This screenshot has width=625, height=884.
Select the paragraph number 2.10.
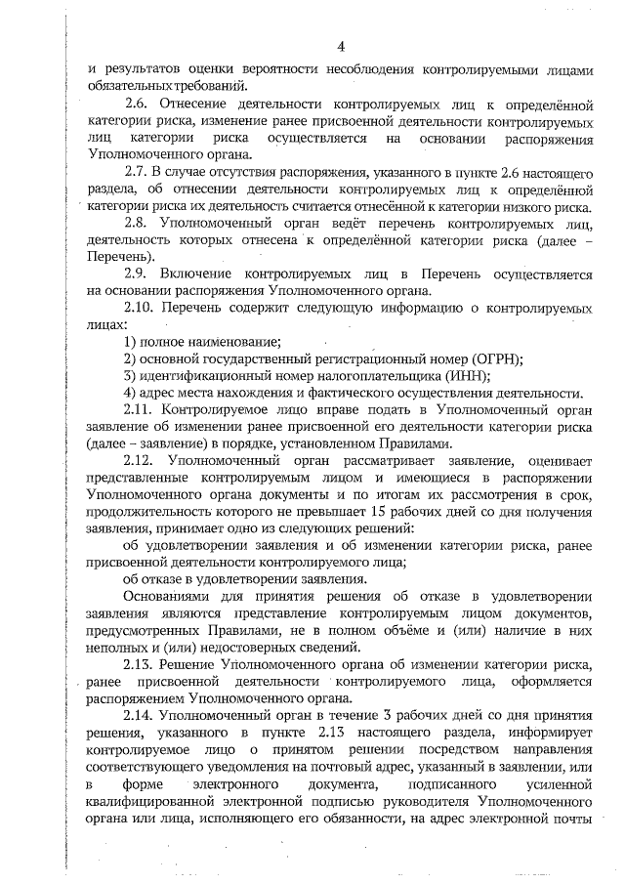coord(141,306)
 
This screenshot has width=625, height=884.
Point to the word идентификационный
coord(205,375)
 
